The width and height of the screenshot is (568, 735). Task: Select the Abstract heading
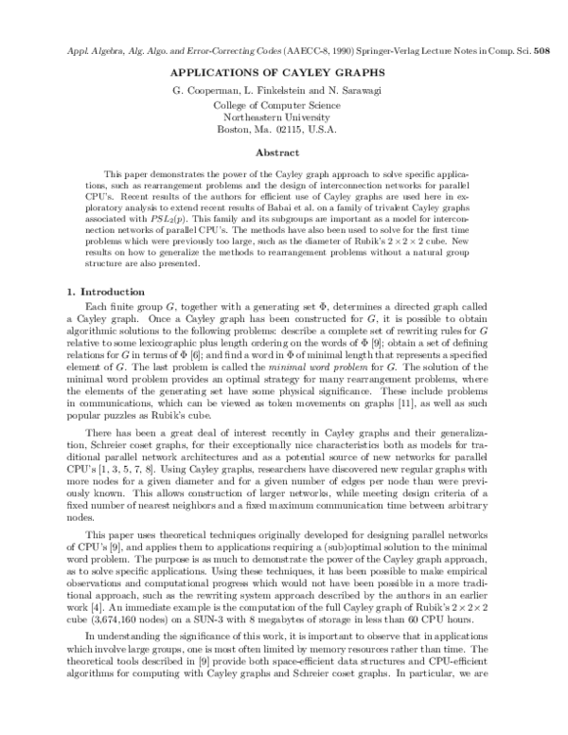[284, 152]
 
